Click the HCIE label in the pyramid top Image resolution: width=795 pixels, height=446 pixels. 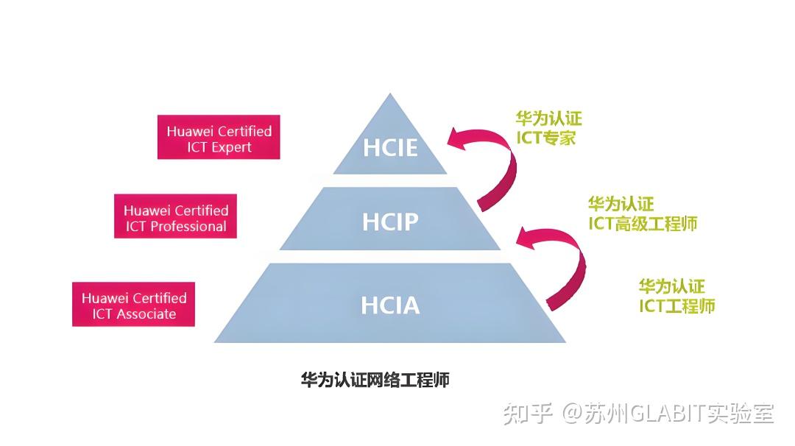click(390, 147)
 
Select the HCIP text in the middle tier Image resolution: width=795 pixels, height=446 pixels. click(390, 221)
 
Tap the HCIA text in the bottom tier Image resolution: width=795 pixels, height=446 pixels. click(390, 305)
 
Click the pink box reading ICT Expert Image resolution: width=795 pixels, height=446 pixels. click(219, 137)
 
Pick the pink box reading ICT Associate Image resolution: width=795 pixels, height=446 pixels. click(133, 304)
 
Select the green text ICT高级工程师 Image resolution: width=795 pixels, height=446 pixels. click(642, 223)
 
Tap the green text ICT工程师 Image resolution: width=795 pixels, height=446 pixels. click(676, 306)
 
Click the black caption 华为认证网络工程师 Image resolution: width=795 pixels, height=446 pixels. click(375, 380)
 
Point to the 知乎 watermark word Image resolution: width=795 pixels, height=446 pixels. click(527, 414)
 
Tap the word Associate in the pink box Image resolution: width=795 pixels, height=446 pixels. click(145, 314)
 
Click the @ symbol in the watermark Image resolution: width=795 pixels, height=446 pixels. click(573, 414)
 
